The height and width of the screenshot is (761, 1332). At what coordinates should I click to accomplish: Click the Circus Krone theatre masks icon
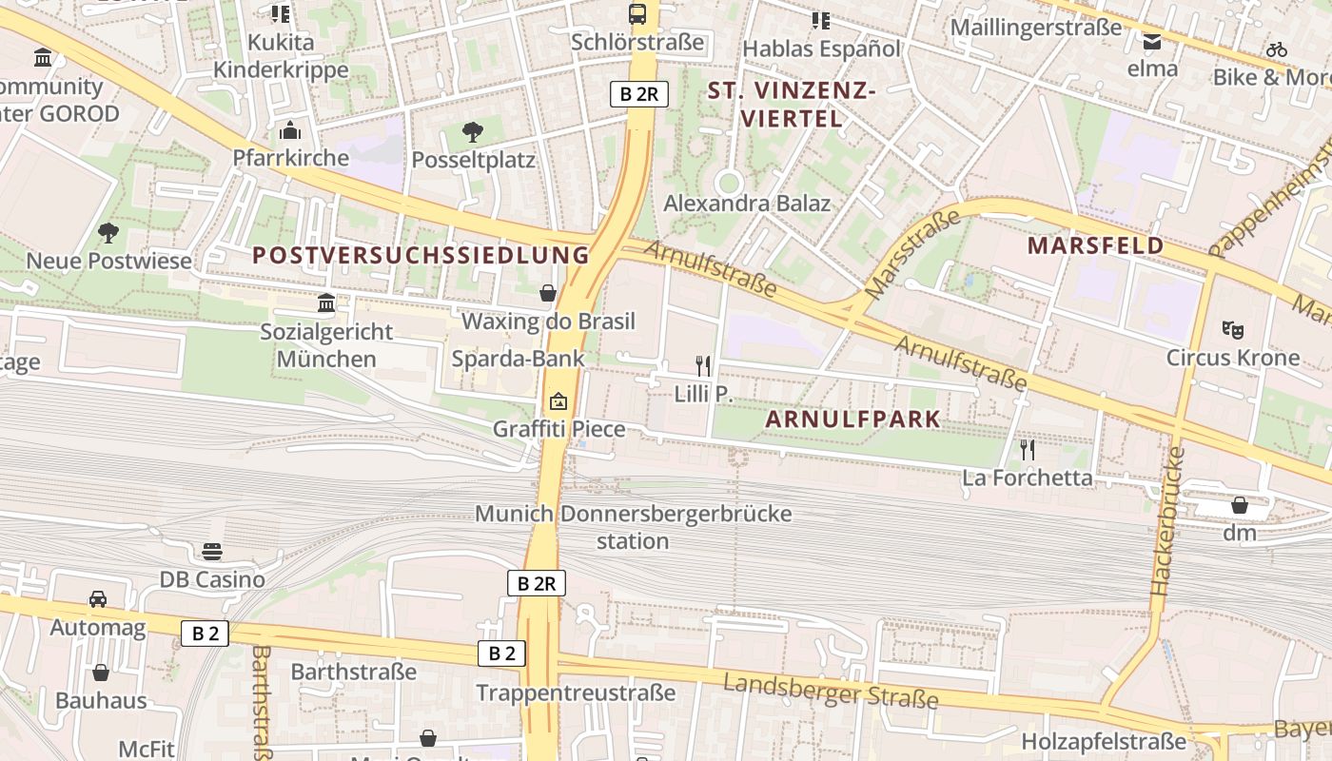point(1233,330)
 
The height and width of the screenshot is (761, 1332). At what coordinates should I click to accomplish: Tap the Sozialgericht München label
point(326,345)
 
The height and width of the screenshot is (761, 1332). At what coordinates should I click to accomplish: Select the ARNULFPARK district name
point(852,419)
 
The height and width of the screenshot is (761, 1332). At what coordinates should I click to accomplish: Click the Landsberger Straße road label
point(831,692)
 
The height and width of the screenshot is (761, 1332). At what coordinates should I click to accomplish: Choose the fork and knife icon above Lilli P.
point(703,365)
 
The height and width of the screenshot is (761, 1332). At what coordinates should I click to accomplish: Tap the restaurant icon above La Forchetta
point(1027,449)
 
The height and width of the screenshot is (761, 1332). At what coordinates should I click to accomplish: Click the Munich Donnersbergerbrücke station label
point(633,527)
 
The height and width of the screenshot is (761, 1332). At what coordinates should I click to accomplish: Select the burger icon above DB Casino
point(212,552)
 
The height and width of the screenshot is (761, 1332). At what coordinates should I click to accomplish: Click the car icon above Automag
point(98,599)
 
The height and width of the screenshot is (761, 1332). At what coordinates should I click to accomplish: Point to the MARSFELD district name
point(1095,245)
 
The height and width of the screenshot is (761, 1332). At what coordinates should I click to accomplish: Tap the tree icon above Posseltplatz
point(473,132)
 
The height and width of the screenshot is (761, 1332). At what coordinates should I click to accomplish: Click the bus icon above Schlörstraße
point(637,14)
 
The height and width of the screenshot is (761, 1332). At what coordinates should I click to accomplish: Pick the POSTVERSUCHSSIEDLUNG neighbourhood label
point(421,255)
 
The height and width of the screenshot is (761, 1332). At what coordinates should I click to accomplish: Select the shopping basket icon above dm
point(1239,505)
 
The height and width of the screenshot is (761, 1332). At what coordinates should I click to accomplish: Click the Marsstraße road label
point(911,254)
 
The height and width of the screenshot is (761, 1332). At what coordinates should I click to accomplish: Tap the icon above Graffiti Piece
point(558,401)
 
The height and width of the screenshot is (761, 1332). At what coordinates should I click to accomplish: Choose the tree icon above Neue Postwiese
point(108,232)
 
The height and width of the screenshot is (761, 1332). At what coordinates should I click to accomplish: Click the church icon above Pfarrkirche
point(290,130)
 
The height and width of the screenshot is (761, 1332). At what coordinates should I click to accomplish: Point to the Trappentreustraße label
point(576,693)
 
